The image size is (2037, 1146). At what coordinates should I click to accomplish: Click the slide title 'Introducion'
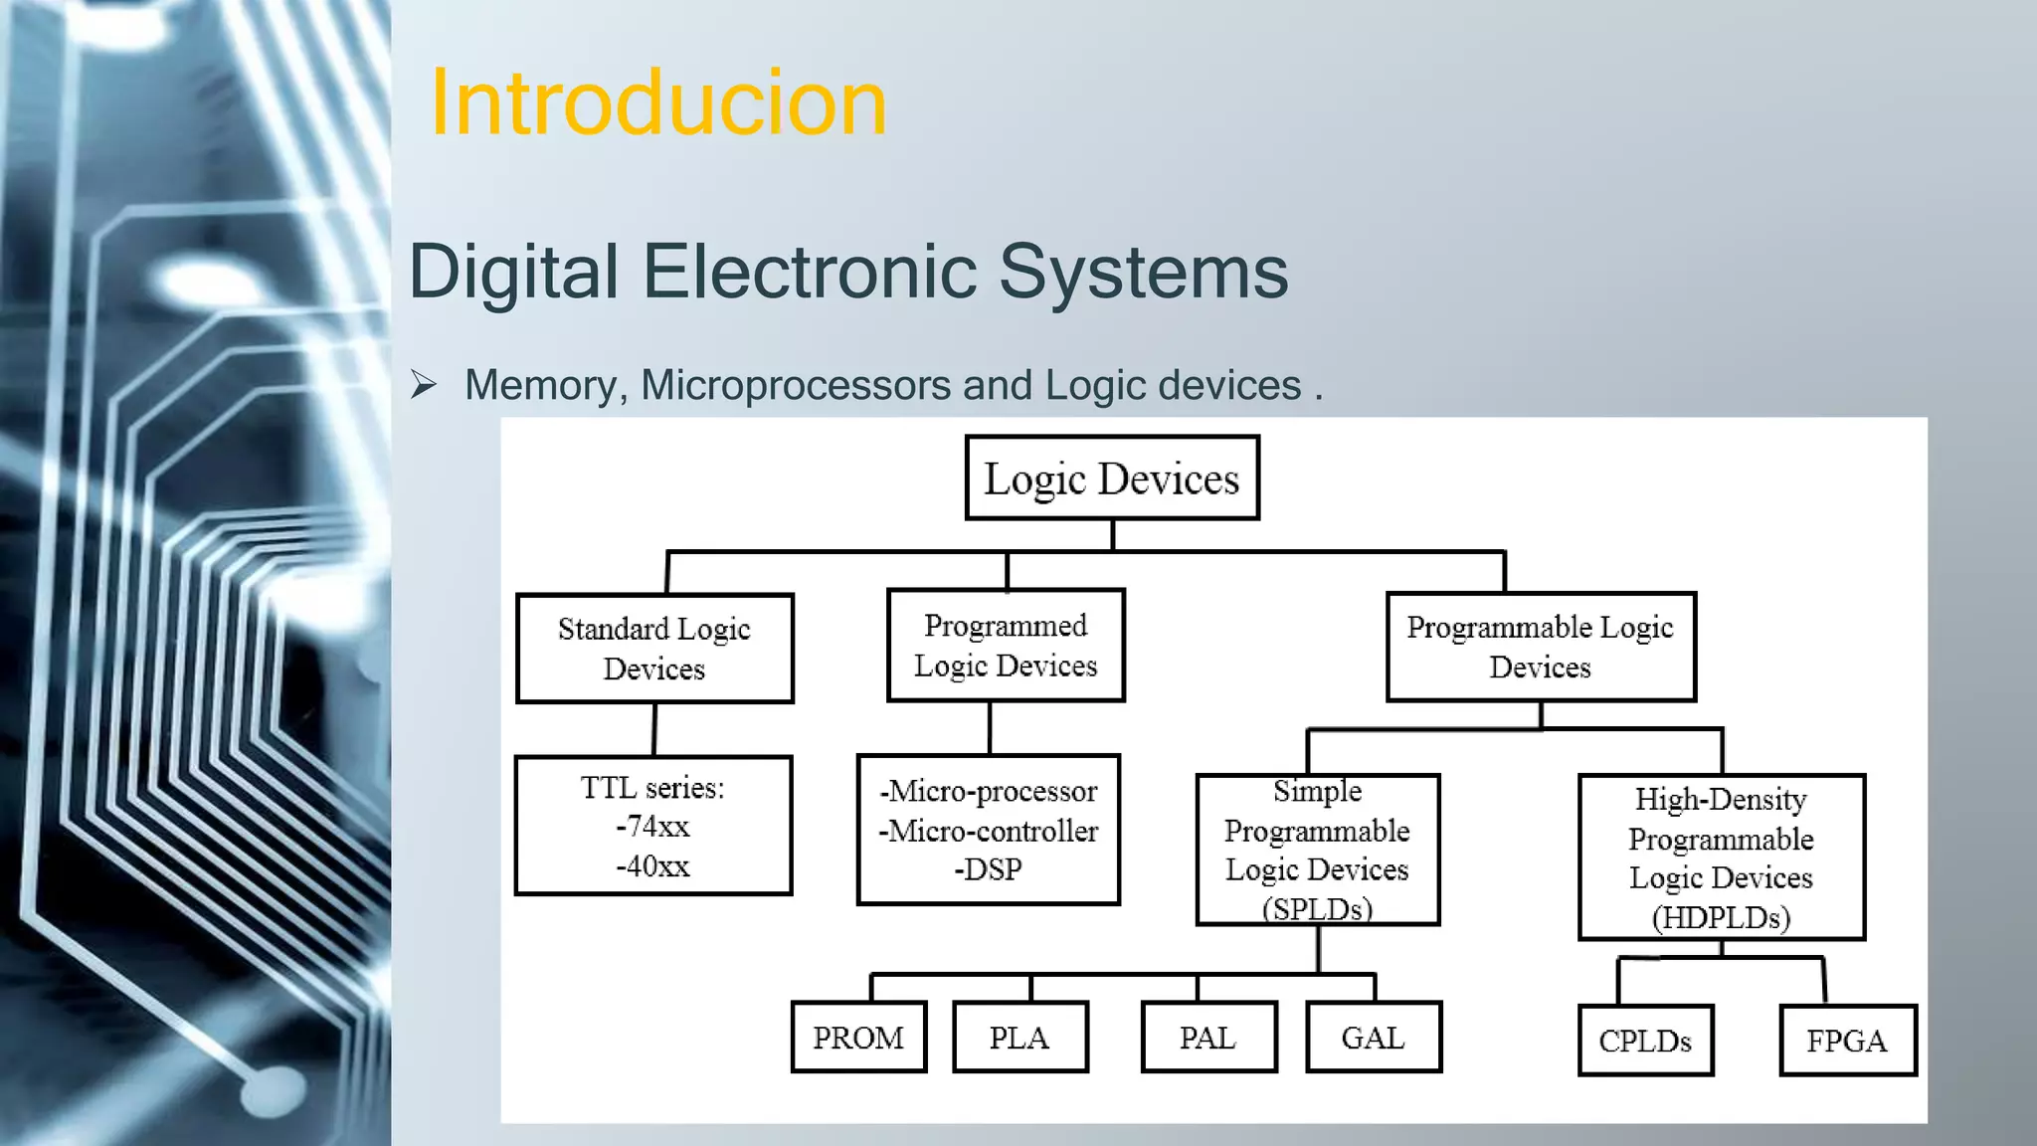(657, 103)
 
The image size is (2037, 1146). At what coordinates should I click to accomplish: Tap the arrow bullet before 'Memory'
(424, 385)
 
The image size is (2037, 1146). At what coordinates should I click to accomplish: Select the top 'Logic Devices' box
(1112, 478)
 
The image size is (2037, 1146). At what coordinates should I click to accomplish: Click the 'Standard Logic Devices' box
(654, 649)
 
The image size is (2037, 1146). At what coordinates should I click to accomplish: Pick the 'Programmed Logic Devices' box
(1006, 646)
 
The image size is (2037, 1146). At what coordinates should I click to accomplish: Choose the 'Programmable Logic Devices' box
(1540, 648)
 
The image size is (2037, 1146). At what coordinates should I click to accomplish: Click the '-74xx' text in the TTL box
(652, 827)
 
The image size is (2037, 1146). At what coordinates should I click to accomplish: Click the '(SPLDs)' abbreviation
(1317, 908)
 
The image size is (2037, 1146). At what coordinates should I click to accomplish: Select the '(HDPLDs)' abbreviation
(1721, 917)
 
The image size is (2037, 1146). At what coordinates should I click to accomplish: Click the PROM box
(858, 1038)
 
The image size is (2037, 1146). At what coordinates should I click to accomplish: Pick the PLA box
(1019, 1038)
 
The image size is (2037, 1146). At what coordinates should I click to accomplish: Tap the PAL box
(1207, 1038)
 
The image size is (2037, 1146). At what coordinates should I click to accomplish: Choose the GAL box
(1373, 1038)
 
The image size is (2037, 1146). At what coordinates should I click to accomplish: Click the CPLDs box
(1645, 1041)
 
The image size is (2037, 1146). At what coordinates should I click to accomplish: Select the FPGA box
(1847, 1041)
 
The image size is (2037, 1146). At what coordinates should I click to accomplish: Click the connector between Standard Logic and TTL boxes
(654, 730)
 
